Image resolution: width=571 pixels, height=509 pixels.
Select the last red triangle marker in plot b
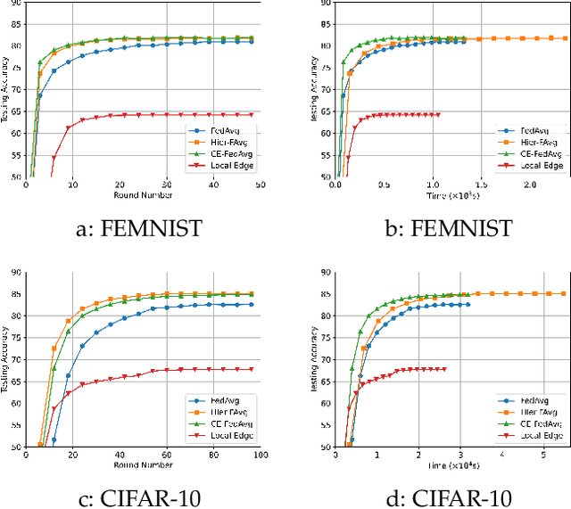(439, 114)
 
